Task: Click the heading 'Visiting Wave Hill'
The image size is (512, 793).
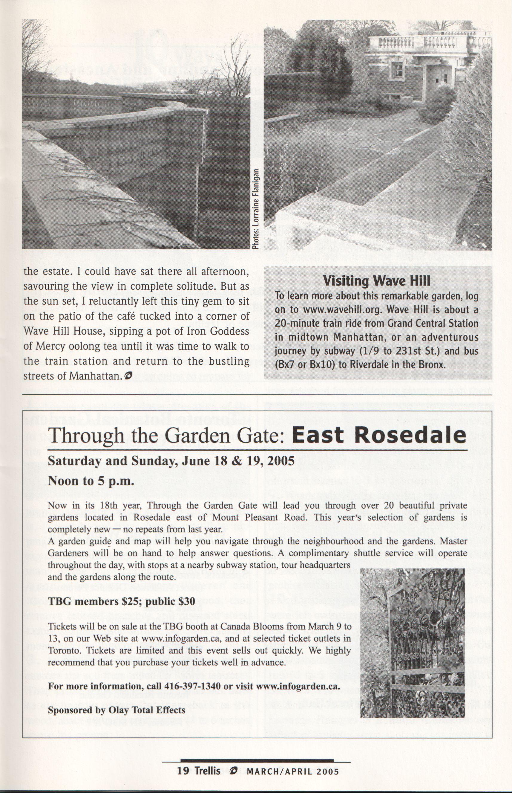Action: point(377,281)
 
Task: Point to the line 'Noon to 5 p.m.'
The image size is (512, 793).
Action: point(91,481)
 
